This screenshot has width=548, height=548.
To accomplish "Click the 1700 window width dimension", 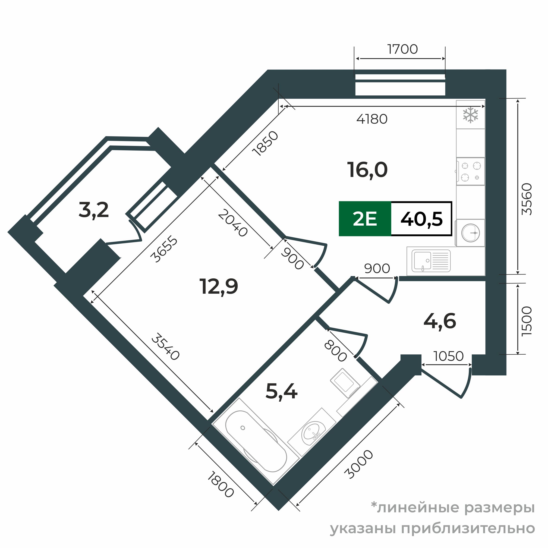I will click(x=402, y=49).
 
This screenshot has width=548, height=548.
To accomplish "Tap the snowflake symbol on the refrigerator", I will click(x=470, y=115).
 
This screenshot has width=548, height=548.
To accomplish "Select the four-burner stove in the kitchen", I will click(x=470, y=172).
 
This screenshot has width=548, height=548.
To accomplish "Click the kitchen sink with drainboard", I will click(x=431, y=261).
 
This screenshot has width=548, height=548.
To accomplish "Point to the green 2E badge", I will click(x=365, y=219).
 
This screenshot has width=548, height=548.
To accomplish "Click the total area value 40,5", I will click(x=422, y=219).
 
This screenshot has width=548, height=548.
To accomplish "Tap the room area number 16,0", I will click(x=367, y=170).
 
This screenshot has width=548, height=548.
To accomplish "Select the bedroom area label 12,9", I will click(x=219, y=287).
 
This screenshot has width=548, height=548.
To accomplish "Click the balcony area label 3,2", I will click(x=94, y=210).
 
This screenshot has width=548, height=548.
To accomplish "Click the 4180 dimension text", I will click(x=372, y=119).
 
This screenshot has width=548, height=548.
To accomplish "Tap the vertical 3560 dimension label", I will click(x=527, y=199).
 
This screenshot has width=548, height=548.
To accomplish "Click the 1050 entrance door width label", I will click(x=448, y=356).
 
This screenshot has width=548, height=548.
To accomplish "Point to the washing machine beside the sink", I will click(x=470, y=233).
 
